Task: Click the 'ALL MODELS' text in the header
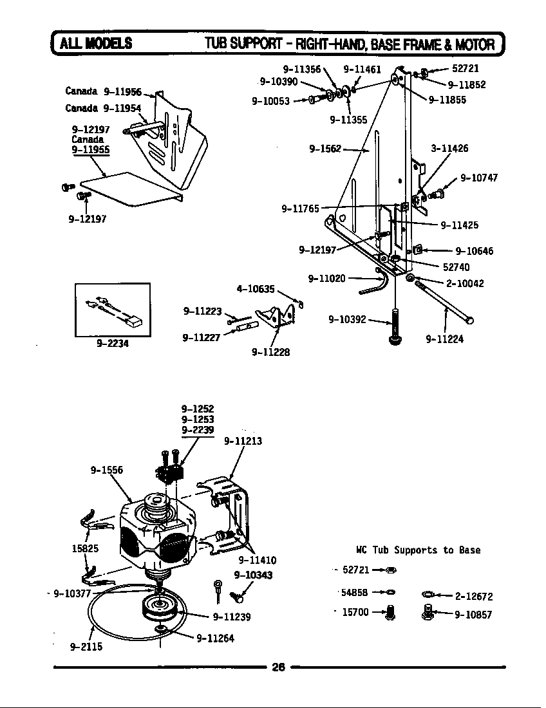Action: [96, 44]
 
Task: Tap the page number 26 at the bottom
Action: [278, 667]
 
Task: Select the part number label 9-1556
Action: [106, 470]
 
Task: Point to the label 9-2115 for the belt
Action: [86, 647]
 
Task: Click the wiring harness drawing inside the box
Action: [113, 309]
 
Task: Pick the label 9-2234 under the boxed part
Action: [113, 343]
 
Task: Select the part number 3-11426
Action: [449, 148]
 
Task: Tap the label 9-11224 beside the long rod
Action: [444, 339]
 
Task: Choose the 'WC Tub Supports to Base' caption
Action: [418, 550]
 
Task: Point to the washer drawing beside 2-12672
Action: [429, 594]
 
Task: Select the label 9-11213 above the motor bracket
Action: [243, 441]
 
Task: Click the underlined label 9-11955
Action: [90, 149]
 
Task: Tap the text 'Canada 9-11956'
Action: [103, 91]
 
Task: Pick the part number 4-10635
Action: [256, 289]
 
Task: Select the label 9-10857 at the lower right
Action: [473, 615]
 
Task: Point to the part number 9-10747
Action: [478, 178]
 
